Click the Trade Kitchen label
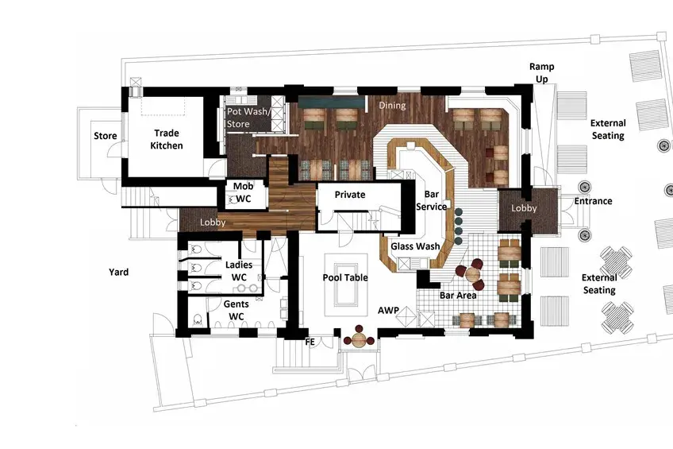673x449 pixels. click(x=167, y=139)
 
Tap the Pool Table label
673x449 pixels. click(x=345, y=277)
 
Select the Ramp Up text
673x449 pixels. click(x=542, y=72)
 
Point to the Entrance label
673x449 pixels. click(x=593, y=200)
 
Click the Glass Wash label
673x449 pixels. click(x=415, y=246)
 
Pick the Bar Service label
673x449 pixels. click(x=432, y=200)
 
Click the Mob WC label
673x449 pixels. click(x=243, y=192)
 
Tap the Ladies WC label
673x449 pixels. click(x=239, y=271)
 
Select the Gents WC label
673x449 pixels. click(x=236, y=310)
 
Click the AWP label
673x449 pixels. click(x=388, y=310)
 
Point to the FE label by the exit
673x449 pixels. click(x=310, y=342)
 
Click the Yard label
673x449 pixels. click(x=118, y=272)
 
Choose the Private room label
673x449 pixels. click(x=350, y=194)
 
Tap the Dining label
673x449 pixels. click(x=392, y=105)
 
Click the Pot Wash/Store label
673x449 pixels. click(x=248, y=118)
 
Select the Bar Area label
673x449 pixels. click(x=458, y=295)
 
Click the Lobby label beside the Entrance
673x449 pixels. click(x=524, y=208)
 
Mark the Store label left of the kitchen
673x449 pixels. click(x=105, y=136)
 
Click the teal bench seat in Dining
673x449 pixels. click(x=332, y=103)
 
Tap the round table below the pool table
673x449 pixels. click(x=359, y=341)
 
